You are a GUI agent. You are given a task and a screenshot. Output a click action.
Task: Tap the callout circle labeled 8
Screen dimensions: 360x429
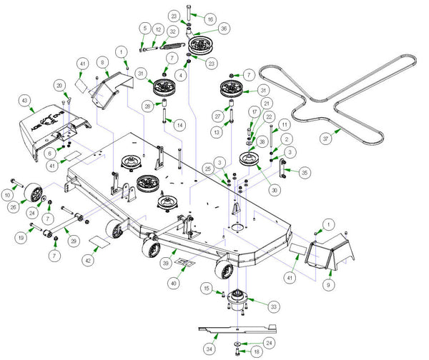[x=103, y=63]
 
